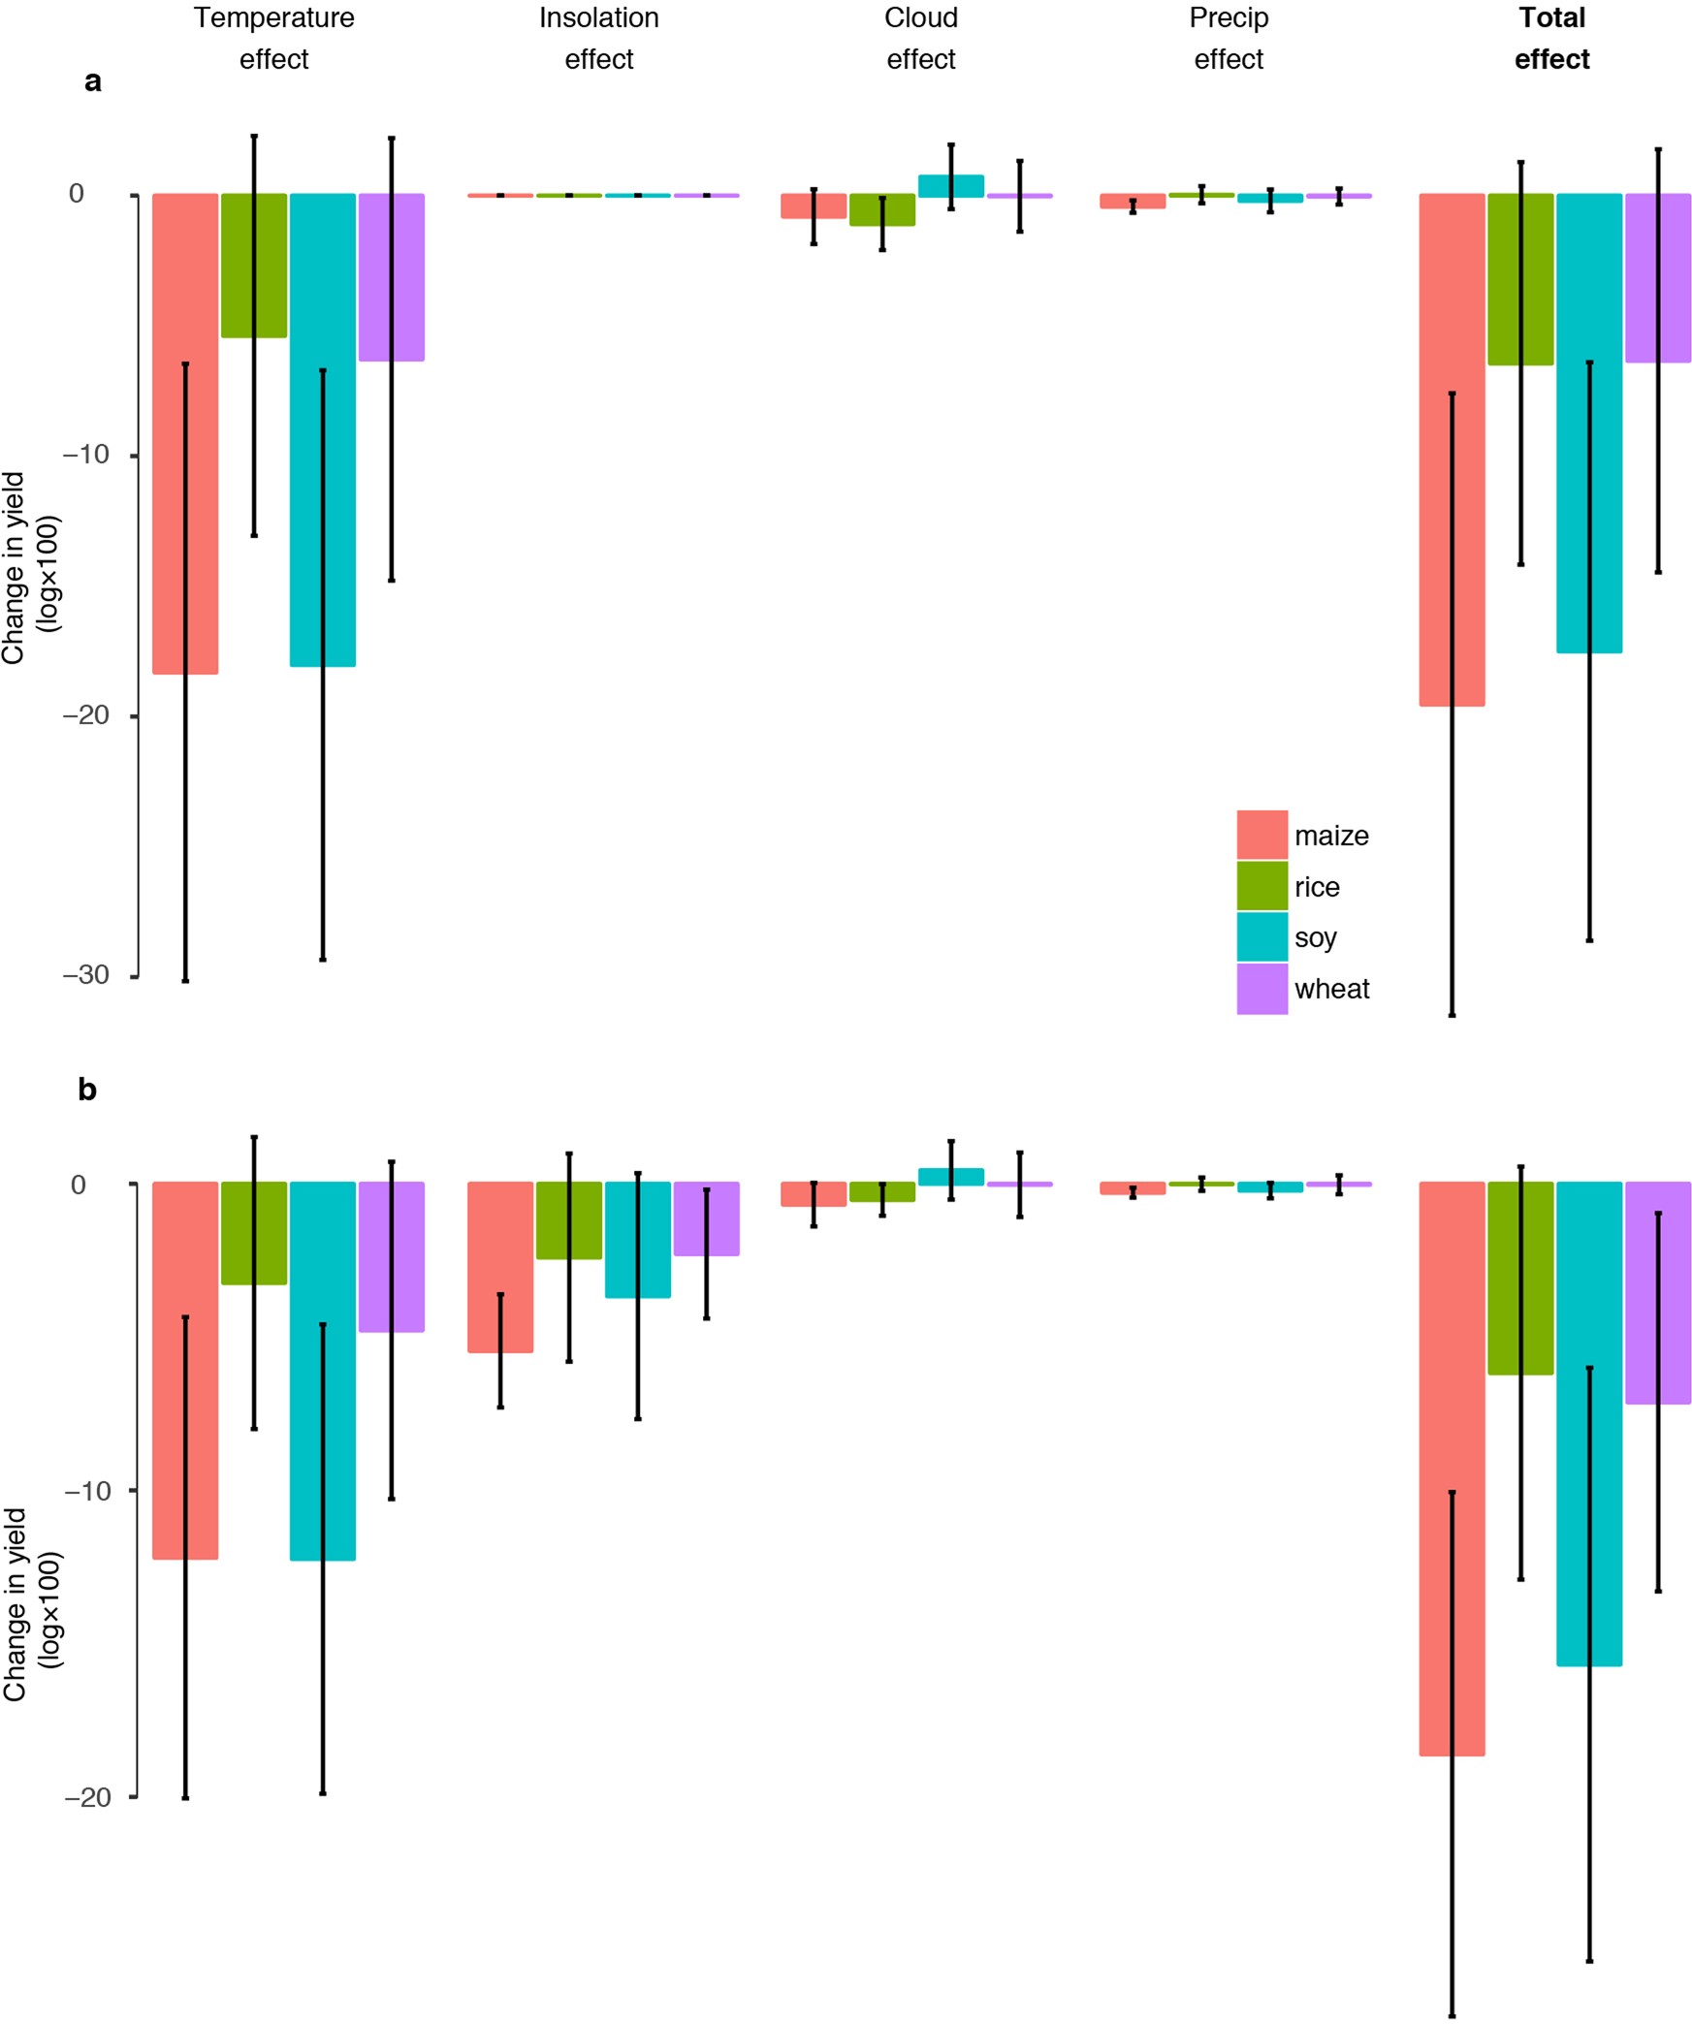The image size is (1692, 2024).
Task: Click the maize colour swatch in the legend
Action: tap(1261, 835)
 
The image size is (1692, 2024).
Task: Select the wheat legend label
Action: tap(1331, 989)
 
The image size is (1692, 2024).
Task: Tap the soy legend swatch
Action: tap(1261, 936)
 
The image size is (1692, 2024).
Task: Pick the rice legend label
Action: tap(1316, 886)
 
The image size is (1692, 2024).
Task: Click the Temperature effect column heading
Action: tap(273, 38)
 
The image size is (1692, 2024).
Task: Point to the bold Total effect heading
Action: tap(1551, 38)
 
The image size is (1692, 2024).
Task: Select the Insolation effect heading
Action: tap(598, 38)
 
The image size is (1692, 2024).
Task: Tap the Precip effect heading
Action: tap(1229, 38)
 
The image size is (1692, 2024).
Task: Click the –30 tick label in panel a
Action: tap(85, 975)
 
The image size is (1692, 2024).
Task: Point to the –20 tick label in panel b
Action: tap(87, 1796)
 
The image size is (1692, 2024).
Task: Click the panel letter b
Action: tap(87, 1090)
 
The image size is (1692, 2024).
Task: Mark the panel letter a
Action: tap(92, 81)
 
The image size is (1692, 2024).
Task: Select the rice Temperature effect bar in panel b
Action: tap(254, 1232)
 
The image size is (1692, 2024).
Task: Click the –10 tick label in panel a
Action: tap(85, 455)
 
